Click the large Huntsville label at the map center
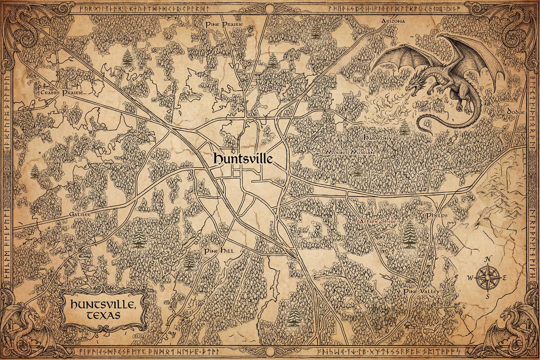pyautogui.click(x=242, y=159)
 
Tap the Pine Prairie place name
pyautogui.click(x=224, y=25)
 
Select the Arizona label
pyautogui.click(x=393, y=21)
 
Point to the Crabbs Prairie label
pyautogui.click(x=63, y=93)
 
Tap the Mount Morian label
pyautogui.click(x=349, y=153)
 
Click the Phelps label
pyautogui.click(x=437, y=215)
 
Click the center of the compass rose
pyautogui.click(x=488, y=279)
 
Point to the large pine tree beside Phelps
pyautogui.click(x=409, y=234)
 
